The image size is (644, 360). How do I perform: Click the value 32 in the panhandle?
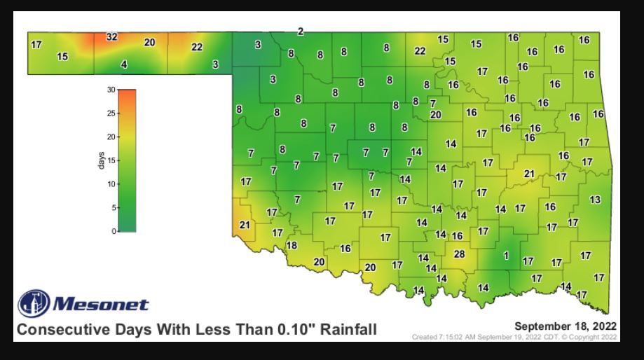pyautogui.click(x=111, y=36)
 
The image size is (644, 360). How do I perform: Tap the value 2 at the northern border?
pyautogui.click(x=301, y=31)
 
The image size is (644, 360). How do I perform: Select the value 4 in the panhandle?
pyautogui.click(x=124, y=64)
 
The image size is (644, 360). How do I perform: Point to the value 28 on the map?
pyautogui.click(x=460, y=254)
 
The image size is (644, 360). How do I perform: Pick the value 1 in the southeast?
pyautogui.click(x=505, y=256)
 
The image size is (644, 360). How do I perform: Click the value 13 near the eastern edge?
pyautogui.click(x=595, y=200)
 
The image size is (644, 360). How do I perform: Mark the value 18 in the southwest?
pyautogui.click(x=292, y=245)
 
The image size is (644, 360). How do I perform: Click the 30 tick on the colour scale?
pyautogui.click(x=110, y=90)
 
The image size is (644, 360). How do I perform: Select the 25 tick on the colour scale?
pyautogui.click(x=110, y=113)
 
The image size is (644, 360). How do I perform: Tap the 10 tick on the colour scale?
pyautogui.click(x=110, y=184)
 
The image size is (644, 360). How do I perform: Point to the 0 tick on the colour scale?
pyautogui.click(x=112, y=231)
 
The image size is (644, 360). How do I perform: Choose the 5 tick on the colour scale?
pyautogui.click(x=112, y=208)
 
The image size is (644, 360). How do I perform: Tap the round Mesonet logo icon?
pyautogui.click(x=34, y=303)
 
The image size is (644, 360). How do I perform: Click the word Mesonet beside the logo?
pyautogui.click(x=101, y=304)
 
